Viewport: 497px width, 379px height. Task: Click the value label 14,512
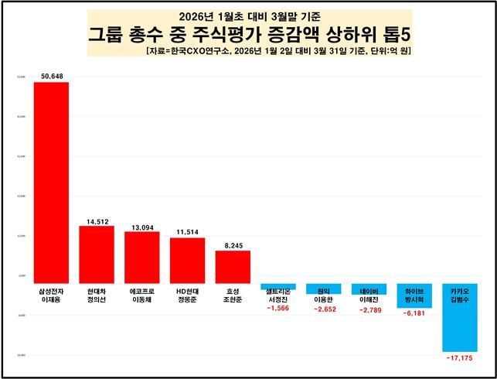[x=97, y=220]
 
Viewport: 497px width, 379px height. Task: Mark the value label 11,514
[x=187, y=232]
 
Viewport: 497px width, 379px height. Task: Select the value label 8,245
[x=233, y=245]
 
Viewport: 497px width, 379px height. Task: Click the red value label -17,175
[x=459, y=358]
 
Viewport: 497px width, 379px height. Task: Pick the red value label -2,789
[x=369, y=309]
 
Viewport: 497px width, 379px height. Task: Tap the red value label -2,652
[x=323, y=309]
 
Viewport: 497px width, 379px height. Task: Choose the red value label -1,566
[x=278, y=308]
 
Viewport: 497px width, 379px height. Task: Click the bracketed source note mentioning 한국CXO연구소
[x=277, y=50]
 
